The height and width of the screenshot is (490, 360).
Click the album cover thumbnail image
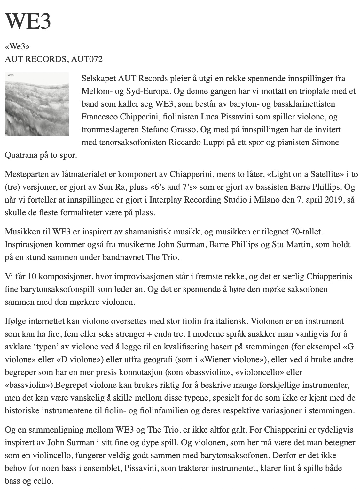37,104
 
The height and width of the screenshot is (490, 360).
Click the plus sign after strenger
149,334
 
